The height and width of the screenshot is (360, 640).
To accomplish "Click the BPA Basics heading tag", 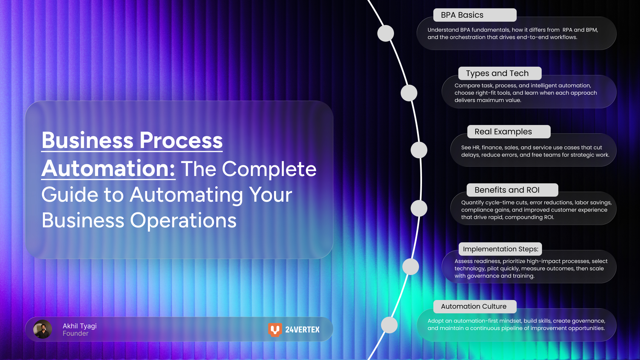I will (x=475, y=15).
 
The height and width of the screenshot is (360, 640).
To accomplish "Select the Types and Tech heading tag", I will (x=499, y=73).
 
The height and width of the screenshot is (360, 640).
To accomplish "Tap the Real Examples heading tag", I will (x=508, y=132).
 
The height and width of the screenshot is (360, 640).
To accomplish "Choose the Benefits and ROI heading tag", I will (x=512, y=190).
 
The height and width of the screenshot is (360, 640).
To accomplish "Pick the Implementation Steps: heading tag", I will (x=500, y=249).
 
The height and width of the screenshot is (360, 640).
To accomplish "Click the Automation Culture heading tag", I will (x=475, y=306).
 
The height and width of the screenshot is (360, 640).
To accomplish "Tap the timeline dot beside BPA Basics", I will (x=386, y=33).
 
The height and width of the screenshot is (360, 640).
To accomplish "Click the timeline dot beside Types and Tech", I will (x=409, y=93).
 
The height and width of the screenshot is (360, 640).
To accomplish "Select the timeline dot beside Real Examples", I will (x=419, y=150).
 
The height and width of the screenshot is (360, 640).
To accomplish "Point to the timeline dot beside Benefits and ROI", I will (x=419, y=208).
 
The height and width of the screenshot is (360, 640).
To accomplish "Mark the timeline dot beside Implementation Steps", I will (x=411, y=267).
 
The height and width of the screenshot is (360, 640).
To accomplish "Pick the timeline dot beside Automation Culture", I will (x=389, y=325).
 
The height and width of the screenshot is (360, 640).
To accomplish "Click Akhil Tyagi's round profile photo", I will (x=43, y=329).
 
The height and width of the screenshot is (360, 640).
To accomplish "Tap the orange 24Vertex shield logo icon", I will (x=275, y=330).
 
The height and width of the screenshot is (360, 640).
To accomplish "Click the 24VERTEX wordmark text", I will (x=302, y=330).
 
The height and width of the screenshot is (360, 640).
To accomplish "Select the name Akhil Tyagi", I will (x=80, y=326).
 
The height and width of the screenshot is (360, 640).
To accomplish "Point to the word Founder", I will (x=76, y=334).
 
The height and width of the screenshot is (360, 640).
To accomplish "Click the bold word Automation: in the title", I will (x=108, y=168).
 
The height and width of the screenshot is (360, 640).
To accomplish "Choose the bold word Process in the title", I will (x=181, y=140).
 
